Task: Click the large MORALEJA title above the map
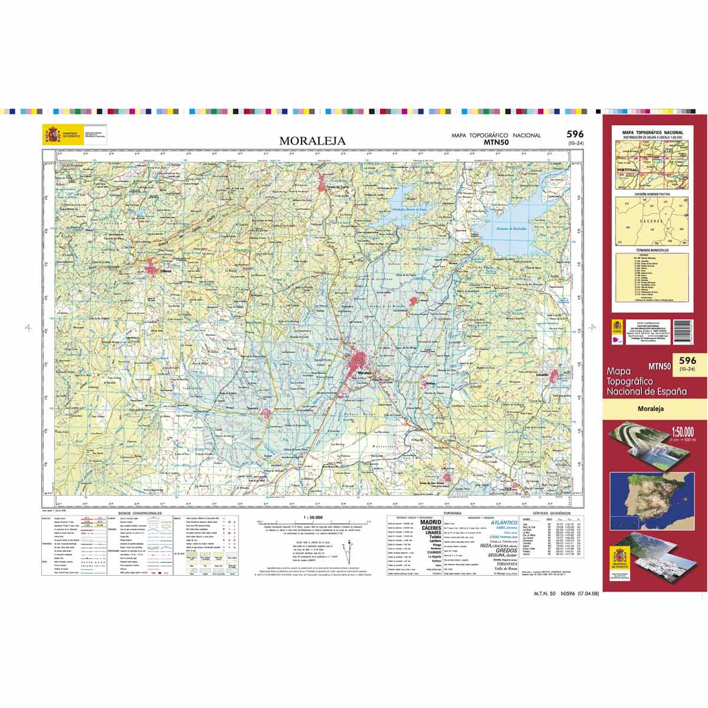coord(312,141)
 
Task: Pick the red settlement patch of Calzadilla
coord(556,376)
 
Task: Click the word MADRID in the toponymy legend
coord(430,522)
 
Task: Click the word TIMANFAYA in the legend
coord(501,563)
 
